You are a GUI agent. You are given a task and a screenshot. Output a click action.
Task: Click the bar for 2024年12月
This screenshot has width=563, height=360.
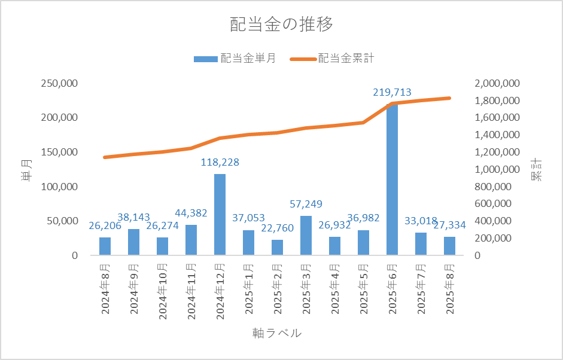(x=220, y=215)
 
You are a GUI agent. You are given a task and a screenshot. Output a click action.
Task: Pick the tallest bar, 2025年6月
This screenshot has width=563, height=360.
(x=392, y=179)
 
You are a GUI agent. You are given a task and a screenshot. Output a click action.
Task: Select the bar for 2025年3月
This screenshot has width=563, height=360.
(x=306, y=236)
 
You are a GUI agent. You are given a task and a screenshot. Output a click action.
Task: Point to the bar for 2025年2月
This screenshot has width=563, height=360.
(x=277, y=248)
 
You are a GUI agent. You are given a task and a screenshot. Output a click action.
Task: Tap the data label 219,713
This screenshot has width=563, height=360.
(x=392, y=93)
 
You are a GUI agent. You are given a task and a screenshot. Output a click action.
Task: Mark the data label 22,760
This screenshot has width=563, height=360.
(x=277, y=230)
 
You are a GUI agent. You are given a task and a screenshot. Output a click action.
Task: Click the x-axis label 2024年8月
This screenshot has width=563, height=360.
(x=105, y=287)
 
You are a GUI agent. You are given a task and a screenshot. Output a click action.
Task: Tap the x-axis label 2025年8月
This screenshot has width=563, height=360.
(x=450, y=287)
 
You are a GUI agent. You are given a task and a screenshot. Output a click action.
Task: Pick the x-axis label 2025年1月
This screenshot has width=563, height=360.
(x=249, y=287)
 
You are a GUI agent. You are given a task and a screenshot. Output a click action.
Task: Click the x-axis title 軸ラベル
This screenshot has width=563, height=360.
(x=277, y=333)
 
